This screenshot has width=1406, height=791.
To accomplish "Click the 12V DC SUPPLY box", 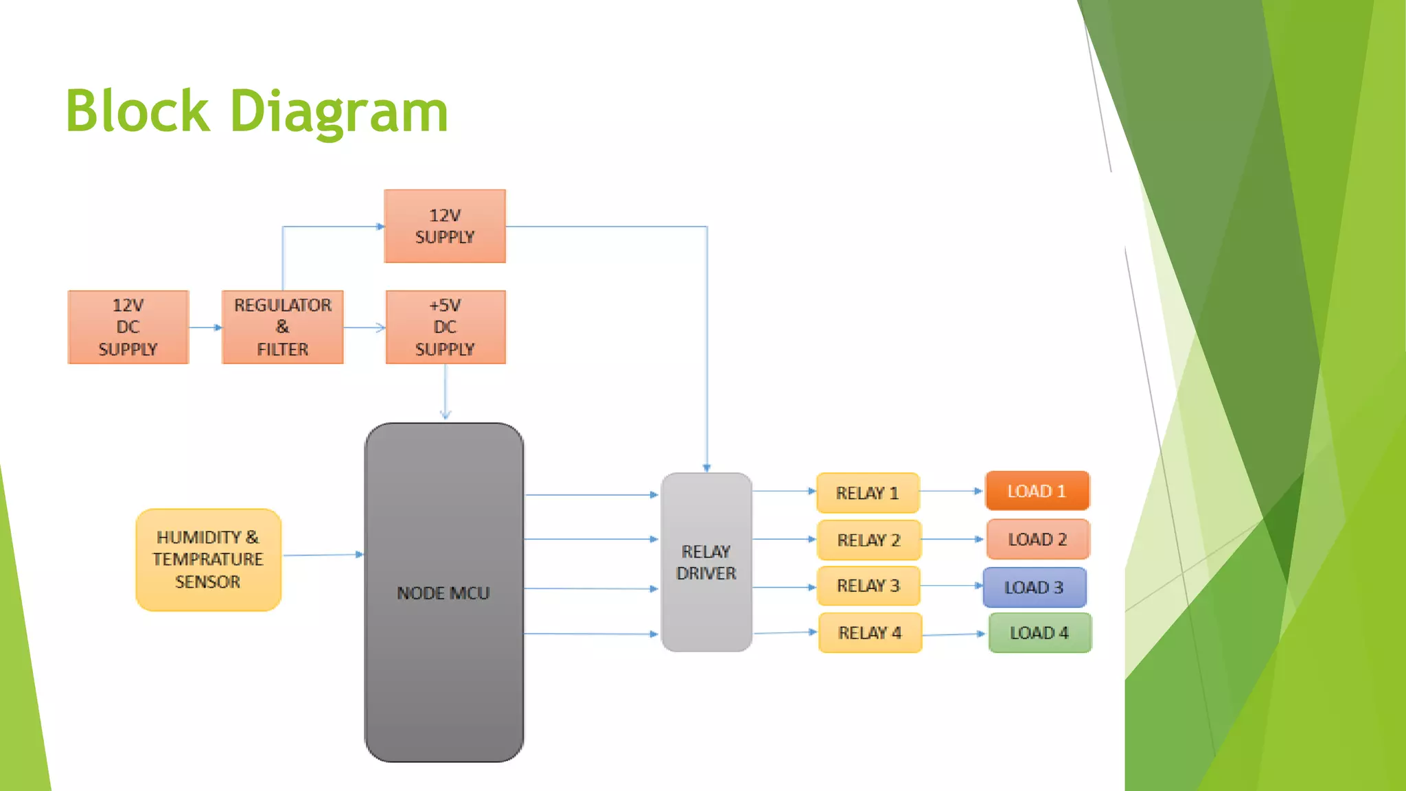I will pyautogui.click(x=128, y=327).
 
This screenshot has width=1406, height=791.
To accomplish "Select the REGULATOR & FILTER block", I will pyautogui.click(x=282, y=327).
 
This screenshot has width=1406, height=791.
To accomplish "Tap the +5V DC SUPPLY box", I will pyautogui.click(x=445, y=327).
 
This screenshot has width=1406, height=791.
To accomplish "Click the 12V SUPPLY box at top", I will pyautogui.click(x=445, y=226).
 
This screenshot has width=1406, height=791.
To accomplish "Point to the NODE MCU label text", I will pyautogui.click(x=443, y=593).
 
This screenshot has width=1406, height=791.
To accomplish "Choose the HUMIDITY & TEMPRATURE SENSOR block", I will pyautogui.click(x=208, y=560).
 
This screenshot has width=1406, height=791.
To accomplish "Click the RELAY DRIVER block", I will pyautogui.click(x=706, y=562).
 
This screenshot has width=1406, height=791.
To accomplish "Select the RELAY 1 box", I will pyautogui.click(x=868, y=493).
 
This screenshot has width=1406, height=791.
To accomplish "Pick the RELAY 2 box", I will pyautogui.click(x=868, y=540).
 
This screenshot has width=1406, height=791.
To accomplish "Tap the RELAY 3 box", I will pyautogui.click(x=868, y=586).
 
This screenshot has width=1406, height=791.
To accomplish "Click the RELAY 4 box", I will pyautogui.click(x=870, y=633).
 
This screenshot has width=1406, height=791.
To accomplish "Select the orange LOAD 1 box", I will pyautogui.click(x=1037, y=491).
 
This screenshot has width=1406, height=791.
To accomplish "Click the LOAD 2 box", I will pyautogui.click(x=1037, y=539).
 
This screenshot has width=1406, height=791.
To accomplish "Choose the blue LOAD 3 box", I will pyautogui.click(x=1034, y=588).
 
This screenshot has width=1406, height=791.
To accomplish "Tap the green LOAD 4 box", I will pyautogui.click(x=1039, y=633).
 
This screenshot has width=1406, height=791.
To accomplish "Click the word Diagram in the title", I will pyautogui.click(x=338, y=112).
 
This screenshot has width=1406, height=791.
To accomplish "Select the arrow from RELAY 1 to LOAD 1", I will pyautogui.click(x=952, y=491).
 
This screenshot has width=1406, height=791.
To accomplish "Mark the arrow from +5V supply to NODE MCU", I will pyautogui.click(x=446, y=391).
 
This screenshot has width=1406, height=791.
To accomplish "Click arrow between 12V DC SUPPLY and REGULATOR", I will pyautogui.click(x=205, y=328).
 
